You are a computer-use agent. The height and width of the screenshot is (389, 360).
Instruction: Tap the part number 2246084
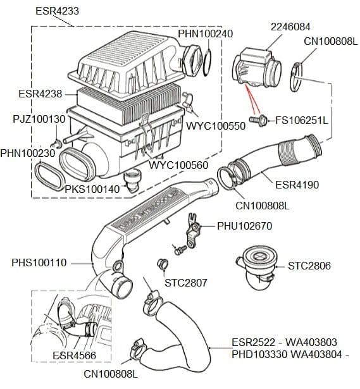pos(290,27)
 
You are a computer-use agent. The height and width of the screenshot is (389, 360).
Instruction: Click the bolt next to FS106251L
pos(257,119)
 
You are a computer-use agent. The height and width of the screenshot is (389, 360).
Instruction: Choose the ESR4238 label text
pos(40,94)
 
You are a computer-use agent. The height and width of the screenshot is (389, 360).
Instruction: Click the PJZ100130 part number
pos(39,119)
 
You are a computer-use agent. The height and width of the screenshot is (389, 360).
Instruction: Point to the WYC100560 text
pos(178,166)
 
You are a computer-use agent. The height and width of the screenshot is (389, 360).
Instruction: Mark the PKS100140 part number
pos(92,189)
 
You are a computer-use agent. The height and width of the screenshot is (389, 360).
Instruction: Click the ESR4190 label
pos(297,185)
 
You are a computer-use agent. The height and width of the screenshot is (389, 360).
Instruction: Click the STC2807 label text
pos(186,282)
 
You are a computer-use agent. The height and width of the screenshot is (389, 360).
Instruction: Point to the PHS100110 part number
pos(39,262)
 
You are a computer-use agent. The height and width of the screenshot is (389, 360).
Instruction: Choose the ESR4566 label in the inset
pos(75,356)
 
